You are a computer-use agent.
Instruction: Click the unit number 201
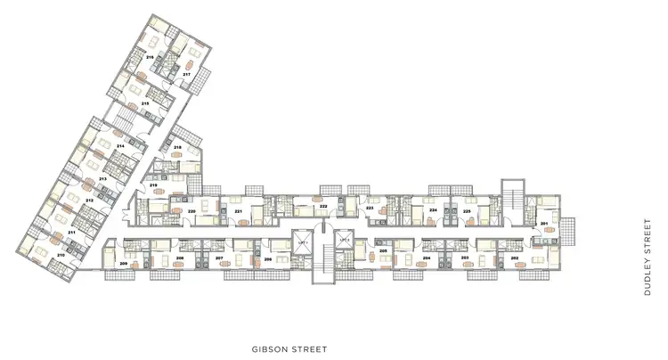(544, 224)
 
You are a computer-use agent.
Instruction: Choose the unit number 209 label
(122, 265)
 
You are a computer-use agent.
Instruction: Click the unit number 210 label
(61, 255)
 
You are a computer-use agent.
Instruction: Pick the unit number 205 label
(382, 251)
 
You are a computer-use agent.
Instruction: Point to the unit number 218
(177, 147)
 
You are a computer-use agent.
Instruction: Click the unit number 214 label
(120, 144)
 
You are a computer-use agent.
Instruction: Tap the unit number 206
(267, 258)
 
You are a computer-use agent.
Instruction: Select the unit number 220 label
(191, 211)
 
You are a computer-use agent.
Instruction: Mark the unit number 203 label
(465, 257)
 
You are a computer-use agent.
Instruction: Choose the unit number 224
(432, 211)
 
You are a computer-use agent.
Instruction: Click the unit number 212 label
(89, 200)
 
